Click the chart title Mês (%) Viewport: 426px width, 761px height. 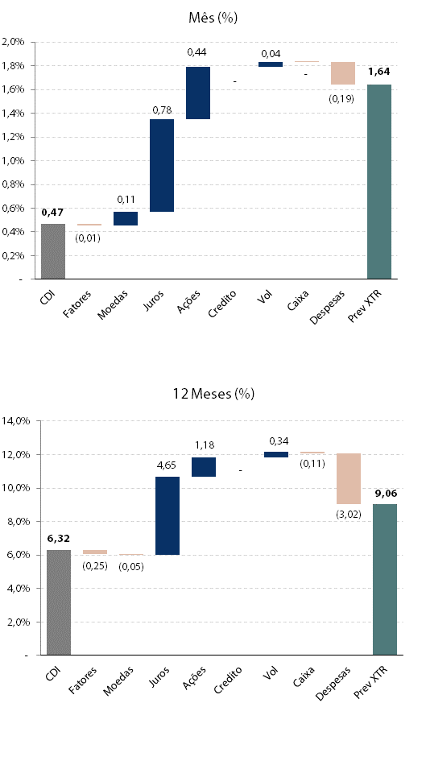[213, 18]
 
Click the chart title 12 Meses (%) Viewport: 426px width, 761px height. [213, 393]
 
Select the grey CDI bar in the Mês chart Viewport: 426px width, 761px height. [53, 251]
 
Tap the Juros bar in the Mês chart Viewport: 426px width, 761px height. [162, 166]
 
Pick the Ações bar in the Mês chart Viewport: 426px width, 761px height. [198, 93]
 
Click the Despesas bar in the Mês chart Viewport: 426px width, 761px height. [343, 73]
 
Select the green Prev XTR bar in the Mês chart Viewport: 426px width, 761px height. [379, 181]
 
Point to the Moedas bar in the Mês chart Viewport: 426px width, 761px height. [126, 218]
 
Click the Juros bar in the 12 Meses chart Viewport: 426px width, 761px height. [168, 515]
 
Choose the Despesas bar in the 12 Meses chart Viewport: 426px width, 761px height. [349, 478]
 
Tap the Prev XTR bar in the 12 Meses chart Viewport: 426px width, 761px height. [385, 580]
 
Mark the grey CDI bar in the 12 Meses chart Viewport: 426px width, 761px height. [59, 602]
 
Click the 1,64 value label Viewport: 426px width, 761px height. [379, 72]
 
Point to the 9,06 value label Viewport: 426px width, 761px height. [386, 494]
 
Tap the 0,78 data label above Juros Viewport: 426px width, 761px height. [162, 110]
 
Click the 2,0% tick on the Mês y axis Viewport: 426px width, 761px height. [13, 42]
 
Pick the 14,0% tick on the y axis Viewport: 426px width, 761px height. [16, 421]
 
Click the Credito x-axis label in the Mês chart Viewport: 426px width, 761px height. [222, 304]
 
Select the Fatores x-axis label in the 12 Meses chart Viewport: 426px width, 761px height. [82, 680]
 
